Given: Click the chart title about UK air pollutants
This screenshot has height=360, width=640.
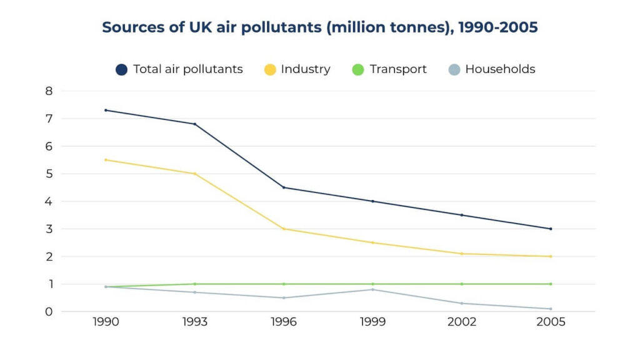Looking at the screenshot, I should pos(319,27).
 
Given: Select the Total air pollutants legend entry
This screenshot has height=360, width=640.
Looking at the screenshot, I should pos(179,69).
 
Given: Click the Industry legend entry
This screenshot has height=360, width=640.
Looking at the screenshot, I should pos(297,69).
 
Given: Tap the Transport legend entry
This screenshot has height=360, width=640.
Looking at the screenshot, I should pos(389,69).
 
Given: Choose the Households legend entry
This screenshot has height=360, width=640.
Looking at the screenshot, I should pos(491,69).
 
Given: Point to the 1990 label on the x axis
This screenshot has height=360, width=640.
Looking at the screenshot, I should pos(106,322).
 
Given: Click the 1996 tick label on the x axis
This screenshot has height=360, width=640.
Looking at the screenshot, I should pos(284,322).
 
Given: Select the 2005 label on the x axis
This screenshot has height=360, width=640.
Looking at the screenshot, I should pos(551,322).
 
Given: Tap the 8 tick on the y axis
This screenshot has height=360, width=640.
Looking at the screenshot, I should pos(49,91).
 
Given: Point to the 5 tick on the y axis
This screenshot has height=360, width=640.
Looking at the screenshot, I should pos(49,174).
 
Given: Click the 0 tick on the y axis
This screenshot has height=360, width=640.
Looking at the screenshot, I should pos(49,311).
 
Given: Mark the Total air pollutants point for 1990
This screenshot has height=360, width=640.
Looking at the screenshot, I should pos(106,110).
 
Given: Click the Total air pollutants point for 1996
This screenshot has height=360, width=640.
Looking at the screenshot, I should pos(284,187).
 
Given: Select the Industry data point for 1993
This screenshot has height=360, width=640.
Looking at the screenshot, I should pos(194,174).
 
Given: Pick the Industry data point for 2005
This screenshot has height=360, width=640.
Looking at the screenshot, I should pos(551,256).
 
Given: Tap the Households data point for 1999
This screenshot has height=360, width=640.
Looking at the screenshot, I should pos(372,289).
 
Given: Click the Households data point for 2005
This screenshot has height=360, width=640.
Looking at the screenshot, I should pos(551,309).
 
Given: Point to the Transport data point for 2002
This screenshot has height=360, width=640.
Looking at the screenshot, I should pos(462,284).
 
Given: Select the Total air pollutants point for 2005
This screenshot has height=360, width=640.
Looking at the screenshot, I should pos(551,229).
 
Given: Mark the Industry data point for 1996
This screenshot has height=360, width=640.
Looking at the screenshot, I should pos(284,229).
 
